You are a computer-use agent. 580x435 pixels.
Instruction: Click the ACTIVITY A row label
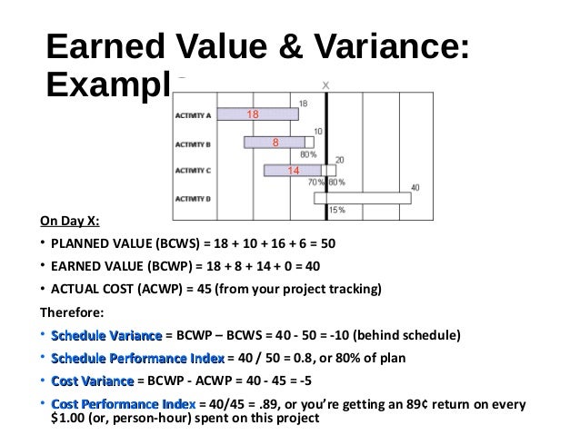(193, 116)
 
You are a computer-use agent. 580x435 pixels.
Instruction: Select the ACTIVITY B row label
(193, 143)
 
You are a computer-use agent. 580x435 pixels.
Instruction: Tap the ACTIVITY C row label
(193, 171)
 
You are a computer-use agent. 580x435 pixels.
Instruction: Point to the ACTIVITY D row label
(193, 198)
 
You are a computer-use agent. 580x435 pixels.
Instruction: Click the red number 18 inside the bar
(253, 114)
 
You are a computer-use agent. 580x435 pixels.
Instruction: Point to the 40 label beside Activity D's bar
(415, 188)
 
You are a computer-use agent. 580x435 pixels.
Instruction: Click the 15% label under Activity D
(335, 211)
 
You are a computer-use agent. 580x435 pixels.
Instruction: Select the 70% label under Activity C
(315, 183)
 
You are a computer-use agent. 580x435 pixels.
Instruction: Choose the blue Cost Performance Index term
(124, 402)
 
